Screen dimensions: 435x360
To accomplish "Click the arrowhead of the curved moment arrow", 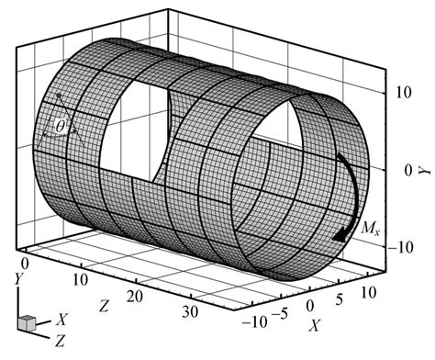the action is [x=340, y=234].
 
